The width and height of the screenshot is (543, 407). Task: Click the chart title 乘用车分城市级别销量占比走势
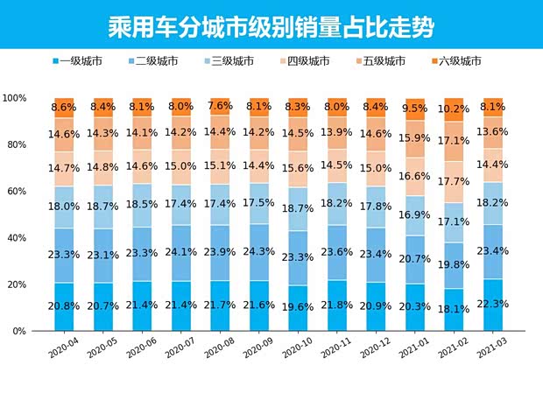(271, 24)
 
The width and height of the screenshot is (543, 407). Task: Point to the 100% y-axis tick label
(38, 98)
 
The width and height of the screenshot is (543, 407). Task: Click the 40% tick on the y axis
(40, 238)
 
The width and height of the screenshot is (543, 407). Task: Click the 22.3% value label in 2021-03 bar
(493, 304)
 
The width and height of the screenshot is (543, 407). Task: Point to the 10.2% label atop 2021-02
(454, 109)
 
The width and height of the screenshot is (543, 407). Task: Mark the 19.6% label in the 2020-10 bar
(298, 307)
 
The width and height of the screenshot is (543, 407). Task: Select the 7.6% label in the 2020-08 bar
(220, 106)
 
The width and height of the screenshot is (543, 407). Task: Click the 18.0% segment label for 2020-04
(64, 207)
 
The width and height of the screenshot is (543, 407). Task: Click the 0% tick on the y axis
(43, 332)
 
